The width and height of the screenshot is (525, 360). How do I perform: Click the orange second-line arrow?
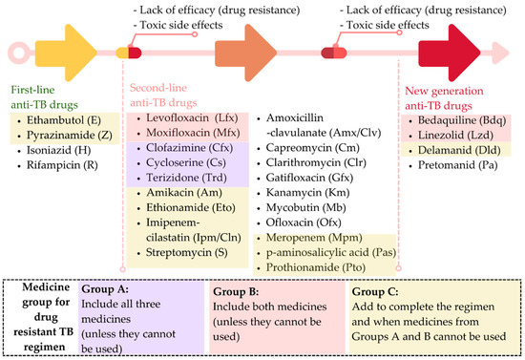[x=239, y=50]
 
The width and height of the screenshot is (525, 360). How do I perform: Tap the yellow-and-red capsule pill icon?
[x=127, y=52]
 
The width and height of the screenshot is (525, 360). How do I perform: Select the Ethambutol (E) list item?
[x=57, y=123]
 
